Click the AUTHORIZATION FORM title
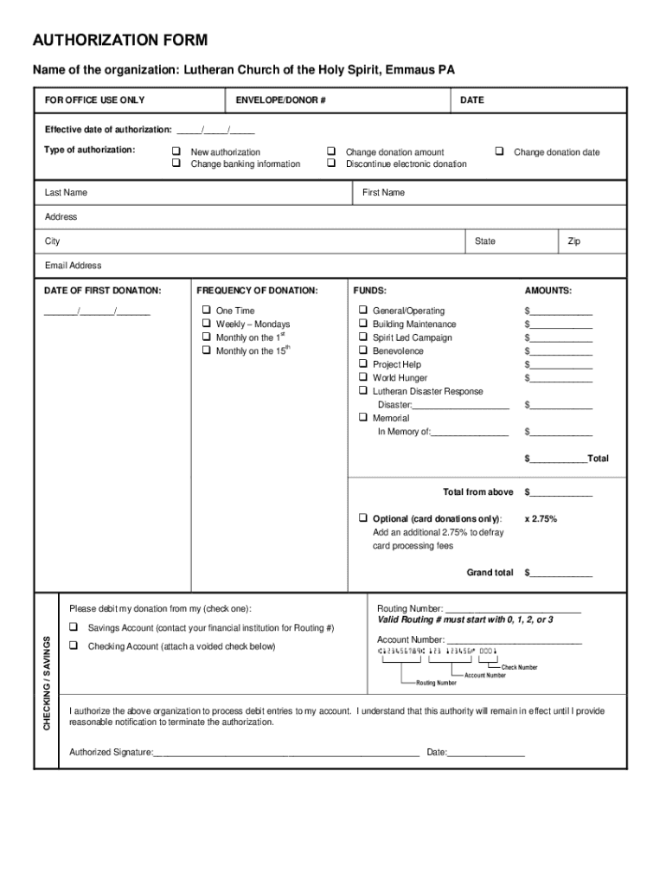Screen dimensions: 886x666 pyautogui.click(x=119, y=41)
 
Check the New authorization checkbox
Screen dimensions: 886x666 pyautogui.click(x=176, y=151)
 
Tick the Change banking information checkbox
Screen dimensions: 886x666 pyautogui.click(x=176, y=164)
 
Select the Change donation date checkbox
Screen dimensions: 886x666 pyautogui.click(x=499, y=151)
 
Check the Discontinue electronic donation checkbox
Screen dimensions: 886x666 pyautogui.click(x=331, y=164)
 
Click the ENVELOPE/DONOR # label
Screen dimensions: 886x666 pyautogui.click(x=280, y=100)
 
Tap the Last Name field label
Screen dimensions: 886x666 pyautogui.click(x=66, y=192)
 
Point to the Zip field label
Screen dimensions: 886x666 pyautogui.click(x=573, y=241)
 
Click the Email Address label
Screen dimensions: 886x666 pyautogui.click(x=73, y=266)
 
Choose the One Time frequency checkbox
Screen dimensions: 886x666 pyautogui.click(x=207, y=311)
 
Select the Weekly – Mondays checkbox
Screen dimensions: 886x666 pyautogui.click(x=207, y=324)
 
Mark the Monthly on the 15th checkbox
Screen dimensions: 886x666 pyautogui.click(x=207, y=350)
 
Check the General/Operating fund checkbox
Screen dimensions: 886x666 pyautogui.click(x=363, y=311)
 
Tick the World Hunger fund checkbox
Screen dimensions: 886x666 pyautogui.click(x=363, y=377)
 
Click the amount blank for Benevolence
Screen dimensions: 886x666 pyautogui.click(x=560, y=351)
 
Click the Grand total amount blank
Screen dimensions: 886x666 pyautogui.click(x=560, y=573)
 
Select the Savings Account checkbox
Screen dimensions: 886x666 pyautogui.click(x=74, y=627)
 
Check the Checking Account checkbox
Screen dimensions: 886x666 pyautogui.click(x=74, y=646)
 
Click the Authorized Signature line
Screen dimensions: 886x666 pyautogui.click(x=285, y=753)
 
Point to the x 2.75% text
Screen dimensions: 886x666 pyautogui.click(x=541, y=518)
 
